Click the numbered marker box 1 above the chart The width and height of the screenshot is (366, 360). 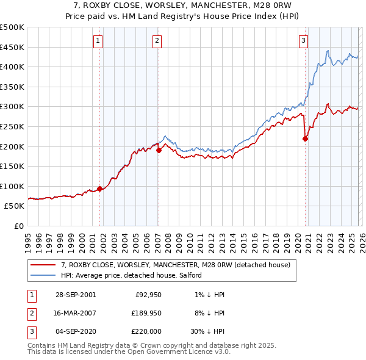click(98, 41)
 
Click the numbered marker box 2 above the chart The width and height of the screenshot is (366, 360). click(157, 41)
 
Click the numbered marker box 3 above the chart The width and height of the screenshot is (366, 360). click(303, 41)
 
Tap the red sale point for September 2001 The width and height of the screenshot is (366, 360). click(100, 189)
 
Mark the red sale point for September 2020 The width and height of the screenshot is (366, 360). click(306, 139)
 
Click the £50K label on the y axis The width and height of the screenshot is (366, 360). click(15, 206)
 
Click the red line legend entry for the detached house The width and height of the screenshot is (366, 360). click(178, 264)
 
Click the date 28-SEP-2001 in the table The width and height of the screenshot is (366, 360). click(75, 295)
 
